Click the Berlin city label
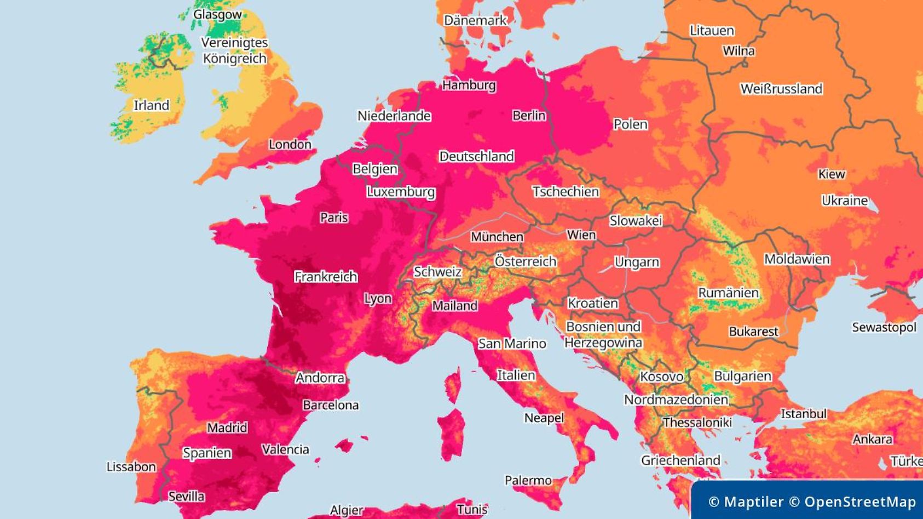point(529,116)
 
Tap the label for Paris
point(334,218)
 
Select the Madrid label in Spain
point(227,427)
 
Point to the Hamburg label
point(469,85)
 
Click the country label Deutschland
point(476,157)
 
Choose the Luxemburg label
point(401,192)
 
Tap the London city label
point(290,145)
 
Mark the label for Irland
point(151,105)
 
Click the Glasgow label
point(217,15)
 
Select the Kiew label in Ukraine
point(831,174)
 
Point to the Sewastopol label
point(884,328)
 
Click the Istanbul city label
point(803,414)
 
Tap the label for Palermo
point(528,481)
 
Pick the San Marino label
point(512,344)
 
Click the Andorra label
point(320,378)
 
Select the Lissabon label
point(131,467)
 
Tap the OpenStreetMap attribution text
point(852,502)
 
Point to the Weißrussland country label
point(781,89)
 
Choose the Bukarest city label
point(753,332)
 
